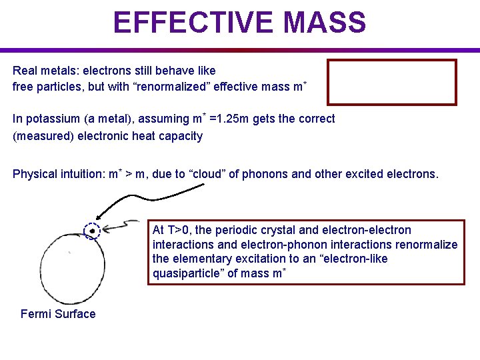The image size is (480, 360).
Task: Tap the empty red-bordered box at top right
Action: [391, 82]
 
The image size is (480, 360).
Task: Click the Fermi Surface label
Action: [58, 314]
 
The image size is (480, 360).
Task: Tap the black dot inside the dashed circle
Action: [91, 231]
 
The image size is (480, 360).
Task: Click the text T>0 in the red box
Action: [175, 230]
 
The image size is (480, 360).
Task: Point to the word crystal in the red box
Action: [283, 230]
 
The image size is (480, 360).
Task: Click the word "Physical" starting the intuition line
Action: [34, 175]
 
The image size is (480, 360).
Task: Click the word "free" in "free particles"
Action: [23, 87]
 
